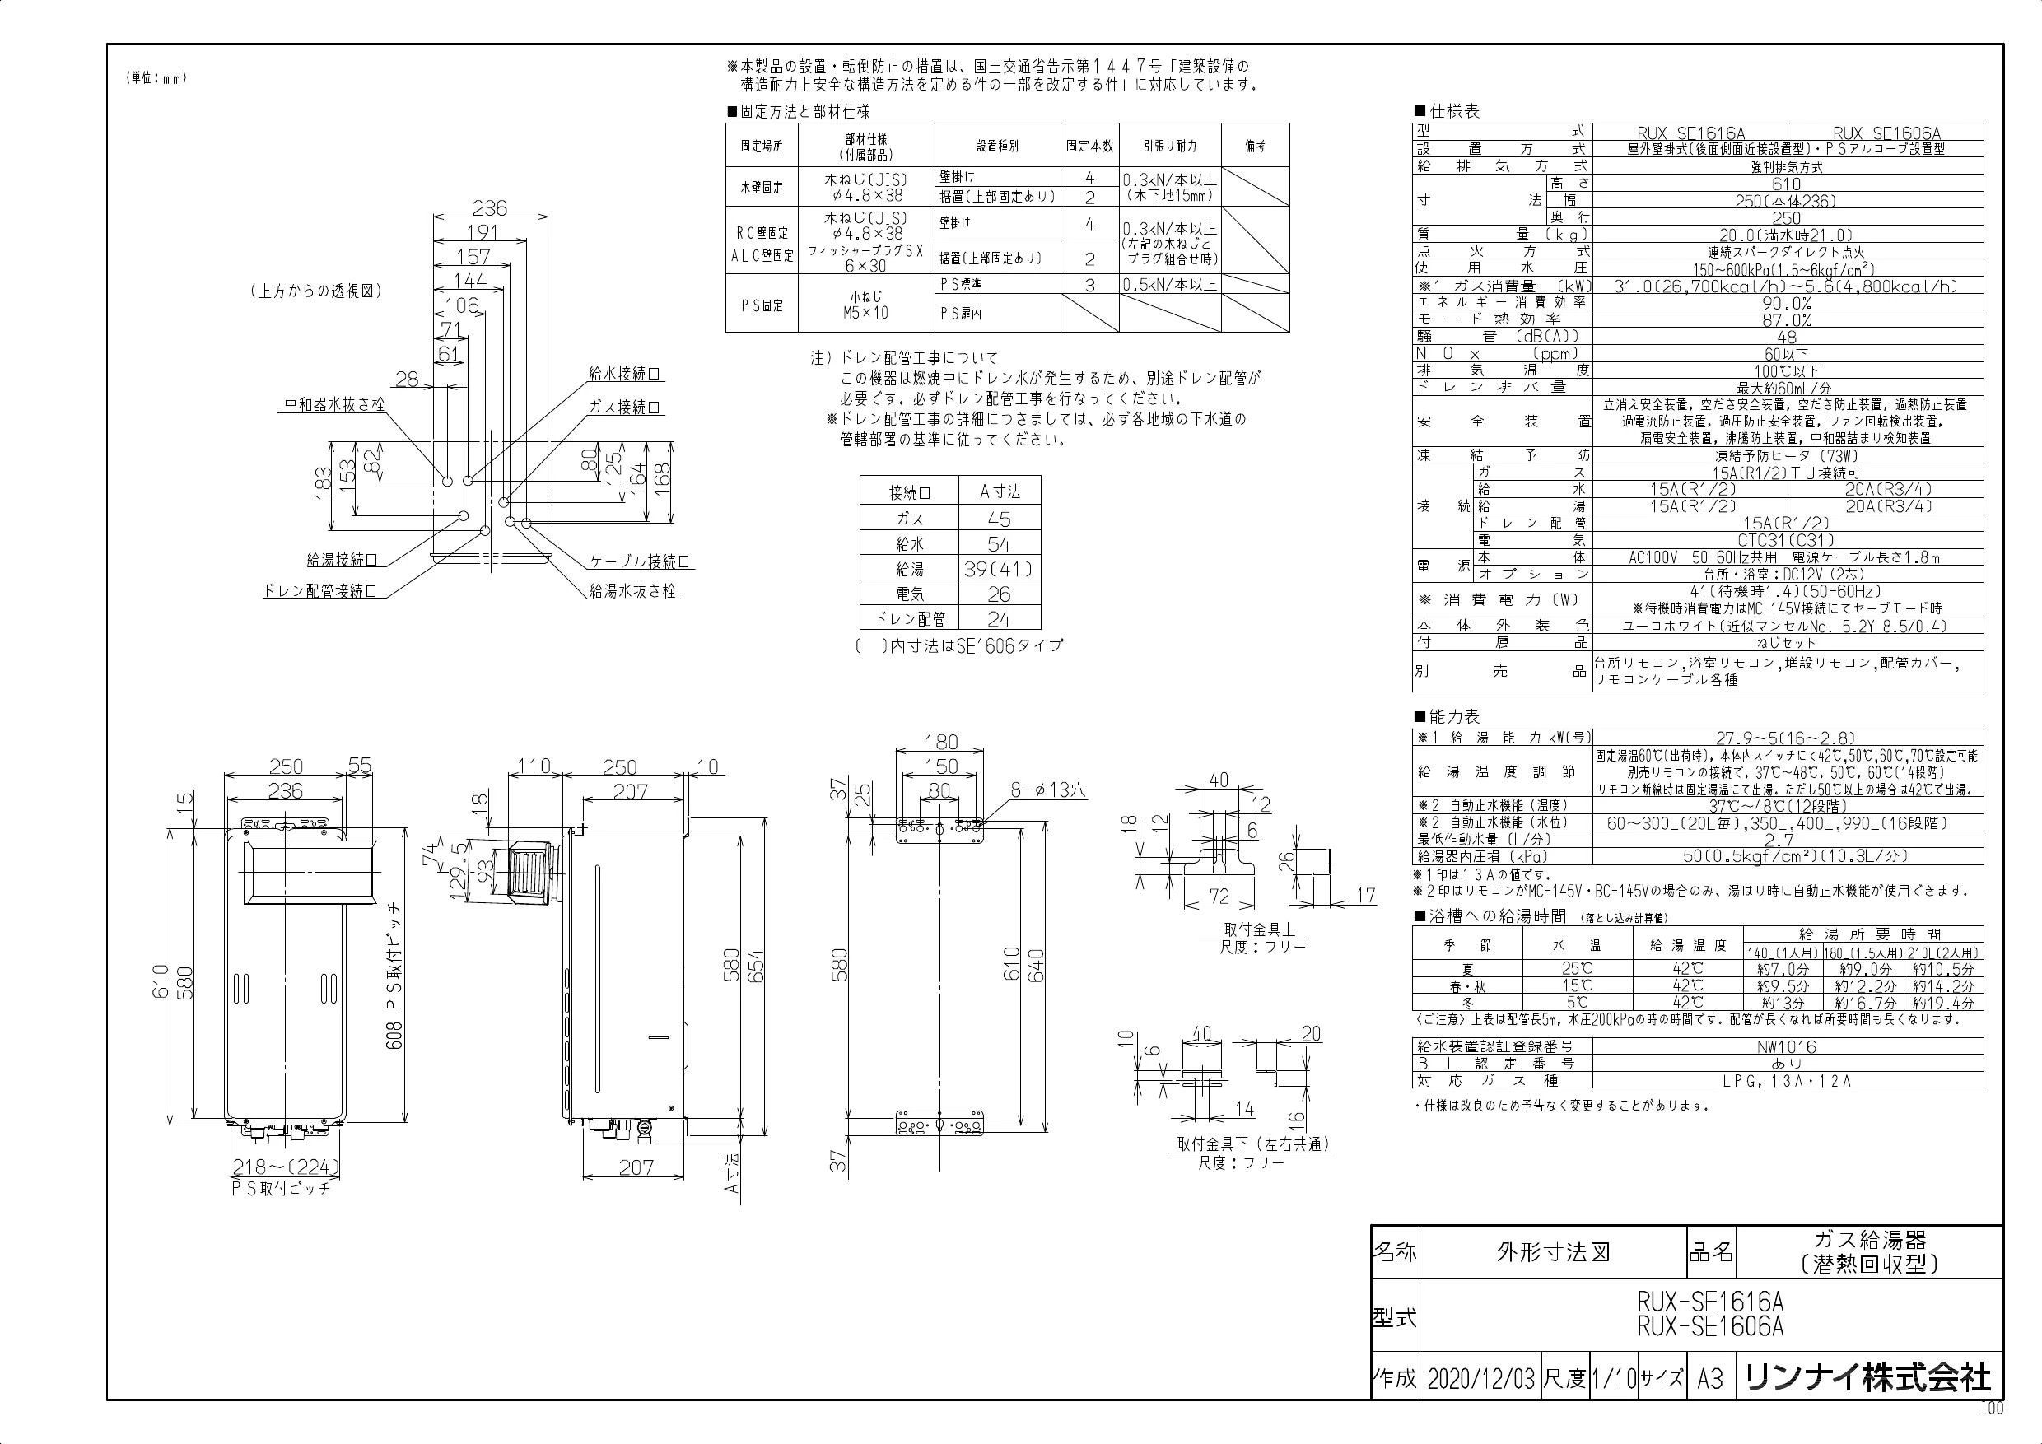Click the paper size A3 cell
point(1710,1378)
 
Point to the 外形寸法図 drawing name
point(1553,1253)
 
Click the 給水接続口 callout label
point(626,375)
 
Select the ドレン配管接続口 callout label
point(319,590)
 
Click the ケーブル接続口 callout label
point(641,562)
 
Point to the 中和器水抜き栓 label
point(334,404)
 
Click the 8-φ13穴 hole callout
point(1047,790)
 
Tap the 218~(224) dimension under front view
point(286,1167)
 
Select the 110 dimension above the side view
point(534,766)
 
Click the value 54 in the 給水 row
point(999,543)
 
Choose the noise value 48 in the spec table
point(1786,337)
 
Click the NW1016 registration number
point(1786,1047)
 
